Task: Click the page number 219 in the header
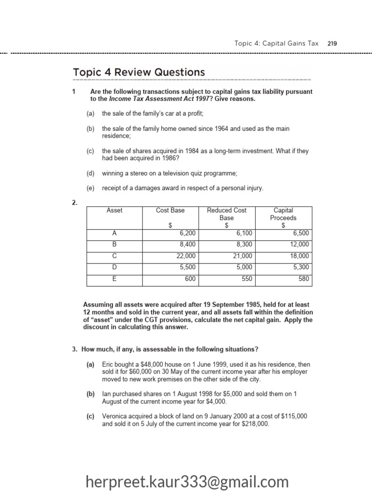332,43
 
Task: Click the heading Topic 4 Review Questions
139,72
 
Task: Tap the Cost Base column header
170,210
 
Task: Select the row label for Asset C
114,256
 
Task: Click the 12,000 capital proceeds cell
299,245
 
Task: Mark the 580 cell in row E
303,279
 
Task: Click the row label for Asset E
114,279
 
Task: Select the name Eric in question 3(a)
108,364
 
